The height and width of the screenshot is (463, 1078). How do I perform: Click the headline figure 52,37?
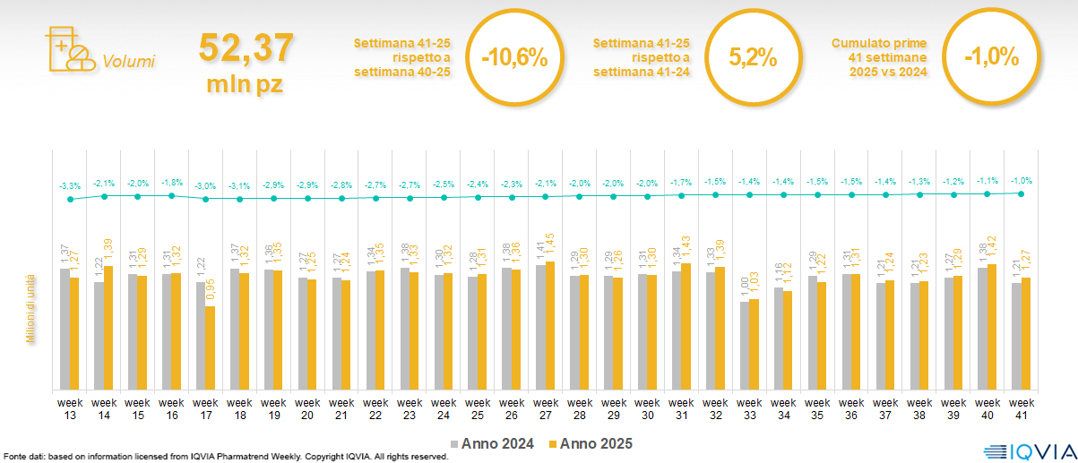pos(245,47)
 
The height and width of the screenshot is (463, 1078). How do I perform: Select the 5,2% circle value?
pos(752,57)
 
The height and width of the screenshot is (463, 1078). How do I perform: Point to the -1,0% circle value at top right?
pos(991,57)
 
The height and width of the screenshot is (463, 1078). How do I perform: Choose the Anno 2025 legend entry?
pos(591,443)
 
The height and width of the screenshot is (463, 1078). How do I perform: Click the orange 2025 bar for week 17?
pos(210,347)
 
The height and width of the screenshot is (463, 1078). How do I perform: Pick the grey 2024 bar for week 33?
pos(744,346)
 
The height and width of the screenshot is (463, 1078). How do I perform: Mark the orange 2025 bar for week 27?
pos(549,325)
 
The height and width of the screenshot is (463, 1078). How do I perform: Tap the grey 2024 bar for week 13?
pos(65,329)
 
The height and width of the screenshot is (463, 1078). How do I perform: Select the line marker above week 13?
pos(70,199)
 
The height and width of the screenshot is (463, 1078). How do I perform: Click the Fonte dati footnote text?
pos(224,457)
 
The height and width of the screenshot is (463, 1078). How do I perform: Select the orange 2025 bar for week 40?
pos(991,327)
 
